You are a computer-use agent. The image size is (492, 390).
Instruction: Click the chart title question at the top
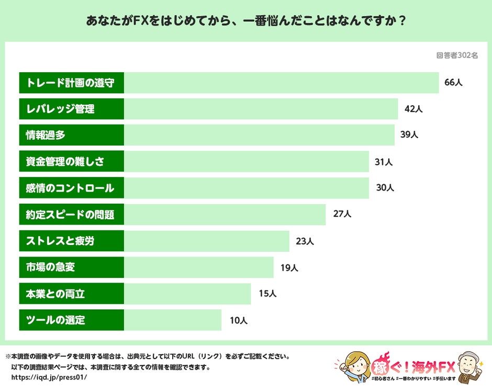point(246,21)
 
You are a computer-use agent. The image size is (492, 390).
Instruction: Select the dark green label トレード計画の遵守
point(71,83)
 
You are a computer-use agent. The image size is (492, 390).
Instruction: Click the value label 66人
point(453,83)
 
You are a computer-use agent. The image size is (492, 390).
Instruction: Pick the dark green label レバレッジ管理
point(71,109)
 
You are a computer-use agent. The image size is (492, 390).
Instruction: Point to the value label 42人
point(413,109)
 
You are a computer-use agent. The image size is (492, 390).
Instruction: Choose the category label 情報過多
point(71,135)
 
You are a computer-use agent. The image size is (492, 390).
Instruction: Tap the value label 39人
point(409,135)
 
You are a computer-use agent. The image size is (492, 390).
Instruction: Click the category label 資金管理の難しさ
point(71,162)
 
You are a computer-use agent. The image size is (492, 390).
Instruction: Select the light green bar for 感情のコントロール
point(246,188)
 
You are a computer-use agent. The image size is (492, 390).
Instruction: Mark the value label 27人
point(342,214)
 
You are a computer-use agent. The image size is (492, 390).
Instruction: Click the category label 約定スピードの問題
point(71,214)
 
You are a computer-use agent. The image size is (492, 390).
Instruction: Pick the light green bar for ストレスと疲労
point(207,241)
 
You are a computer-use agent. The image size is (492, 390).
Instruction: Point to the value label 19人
point(289,268)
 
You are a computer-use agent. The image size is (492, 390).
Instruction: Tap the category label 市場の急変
point(71,268)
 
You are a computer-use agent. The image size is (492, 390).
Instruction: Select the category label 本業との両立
point(71,294)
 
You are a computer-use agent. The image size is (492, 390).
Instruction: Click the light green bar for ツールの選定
point(173,320)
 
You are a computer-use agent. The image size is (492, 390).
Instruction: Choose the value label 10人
point(238,320)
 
